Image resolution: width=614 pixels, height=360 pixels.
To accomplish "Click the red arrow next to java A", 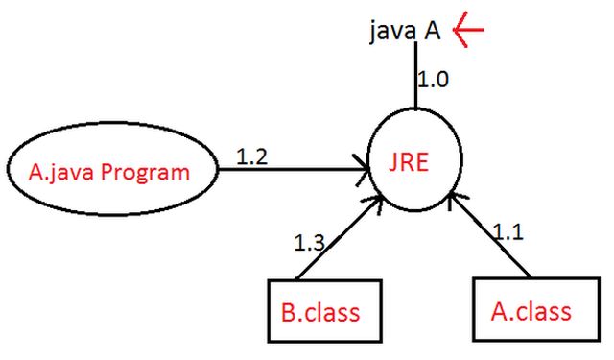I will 469,31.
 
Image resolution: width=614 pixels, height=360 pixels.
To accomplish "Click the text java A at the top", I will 404,31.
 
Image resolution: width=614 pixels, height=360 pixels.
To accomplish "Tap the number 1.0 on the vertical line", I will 435,78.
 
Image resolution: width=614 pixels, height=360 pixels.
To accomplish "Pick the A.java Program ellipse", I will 109,173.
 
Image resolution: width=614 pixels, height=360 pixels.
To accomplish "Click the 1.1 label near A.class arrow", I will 509,231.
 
